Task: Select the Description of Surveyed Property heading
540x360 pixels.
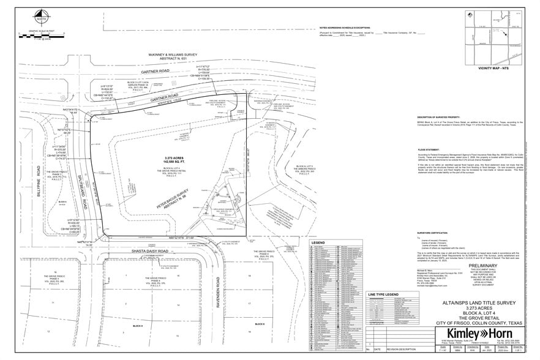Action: click(x=429, y=116)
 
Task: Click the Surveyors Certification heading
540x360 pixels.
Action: click(x=421, y=233)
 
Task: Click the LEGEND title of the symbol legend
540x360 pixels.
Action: click(x=319, y=243)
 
